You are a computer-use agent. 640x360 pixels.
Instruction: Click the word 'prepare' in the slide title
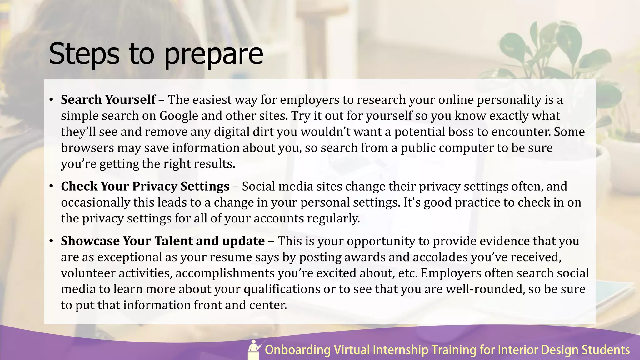[x=213, y=55]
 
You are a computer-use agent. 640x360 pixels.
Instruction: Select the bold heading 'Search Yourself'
[x=108, y=100]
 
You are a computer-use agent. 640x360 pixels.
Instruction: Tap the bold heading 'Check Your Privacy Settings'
[x=145, y=186]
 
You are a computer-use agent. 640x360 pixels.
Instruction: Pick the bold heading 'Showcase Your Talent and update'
[x=162, y=241]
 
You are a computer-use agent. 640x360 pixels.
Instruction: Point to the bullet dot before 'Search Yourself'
[x=51, y=100]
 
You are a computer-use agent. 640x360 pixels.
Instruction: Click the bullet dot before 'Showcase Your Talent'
[x=51, y=241]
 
